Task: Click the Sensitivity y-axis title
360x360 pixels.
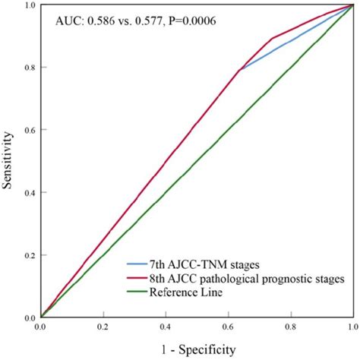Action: [9, 161]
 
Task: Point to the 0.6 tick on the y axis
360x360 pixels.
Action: [28, 130]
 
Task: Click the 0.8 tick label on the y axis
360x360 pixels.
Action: [28, 67]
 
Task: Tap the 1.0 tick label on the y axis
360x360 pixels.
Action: [28, 5]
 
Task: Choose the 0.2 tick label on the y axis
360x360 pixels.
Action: [28, 255]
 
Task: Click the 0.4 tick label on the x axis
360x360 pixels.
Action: [165, 327]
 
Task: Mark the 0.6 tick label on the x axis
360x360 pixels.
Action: [227, 327]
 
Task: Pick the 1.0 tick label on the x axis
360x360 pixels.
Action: [351, 327]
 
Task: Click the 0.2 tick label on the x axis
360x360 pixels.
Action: [103, 327]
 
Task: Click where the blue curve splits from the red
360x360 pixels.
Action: [240, 70]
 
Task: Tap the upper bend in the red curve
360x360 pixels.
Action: [273, 38]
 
